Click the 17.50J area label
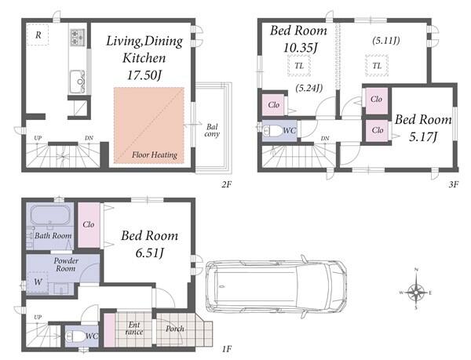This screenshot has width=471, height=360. (x=144, y=75)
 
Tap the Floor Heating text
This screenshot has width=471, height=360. (x=155, y=155)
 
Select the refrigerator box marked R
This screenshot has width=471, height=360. (x=38, y=35)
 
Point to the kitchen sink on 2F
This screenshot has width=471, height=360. (x=78, y=82)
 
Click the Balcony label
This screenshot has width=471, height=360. (x=212, y=130)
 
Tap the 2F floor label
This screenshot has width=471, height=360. (x=227, y=184)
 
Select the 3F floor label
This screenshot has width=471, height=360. (x=454, y=184)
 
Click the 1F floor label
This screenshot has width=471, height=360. (x=227, y=349)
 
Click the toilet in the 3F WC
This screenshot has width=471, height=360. (x=272, y=131)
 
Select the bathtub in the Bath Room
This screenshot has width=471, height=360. (x=50, y=215)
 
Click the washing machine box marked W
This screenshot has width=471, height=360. (x=38, y=282)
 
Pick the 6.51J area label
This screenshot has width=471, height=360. (x=149, y=253)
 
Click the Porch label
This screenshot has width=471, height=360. (x=175, y=329)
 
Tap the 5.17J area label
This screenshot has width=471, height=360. (x=422, y=137)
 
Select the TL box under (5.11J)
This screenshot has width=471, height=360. (x=377, y=65)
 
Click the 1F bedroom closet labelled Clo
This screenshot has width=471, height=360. (x=89, y=225)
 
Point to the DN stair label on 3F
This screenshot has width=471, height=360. (x=325, y=139)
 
